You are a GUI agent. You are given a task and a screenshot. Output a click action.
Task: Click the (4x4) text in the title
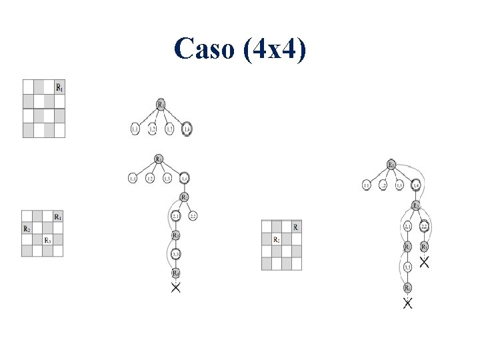coord(273,49)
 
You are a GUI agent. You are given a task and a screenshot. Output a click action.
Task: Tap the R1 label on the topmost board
coord(60,87)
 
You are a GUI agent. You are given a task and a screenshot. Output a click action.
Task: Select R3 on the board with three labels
coord(48,240)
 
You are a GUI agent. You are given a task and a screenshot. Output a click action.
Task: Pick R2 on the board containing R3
coord(27,229)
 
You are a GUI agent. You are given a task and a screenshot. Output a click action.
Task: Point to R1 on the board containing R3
coord(59,217)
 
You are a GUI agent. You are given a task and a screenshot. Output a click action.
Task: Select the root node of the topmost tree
coord(161,105)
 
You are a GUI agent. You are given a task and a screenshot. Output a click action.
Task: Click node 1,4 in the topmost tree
coord(185,129)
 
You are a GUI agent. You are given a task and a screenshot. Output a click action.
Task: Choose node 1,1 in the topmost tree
coord(135,129)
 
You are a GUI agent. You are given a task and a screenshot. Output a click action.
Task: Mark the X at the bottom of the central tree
coord(176,289)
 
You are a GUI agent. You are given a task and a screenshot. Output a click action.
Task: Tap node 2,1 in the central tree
coord(176,217)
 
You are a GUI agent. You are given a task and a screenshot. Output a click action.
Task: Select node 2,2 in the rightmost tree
coord(424,227)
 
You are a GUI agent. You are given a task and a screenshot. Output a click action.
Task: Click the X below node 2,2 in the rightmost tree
coord(425,261)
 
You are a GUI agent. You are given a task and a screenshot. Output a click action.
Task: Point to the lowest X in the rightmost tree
coord(407,304)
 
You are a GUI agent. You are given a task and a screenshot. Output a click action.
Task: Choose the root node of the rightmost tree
coord(391,165)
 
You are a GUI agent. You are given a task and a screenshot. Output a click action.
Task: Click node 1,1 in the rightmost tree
coord(367,185)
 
